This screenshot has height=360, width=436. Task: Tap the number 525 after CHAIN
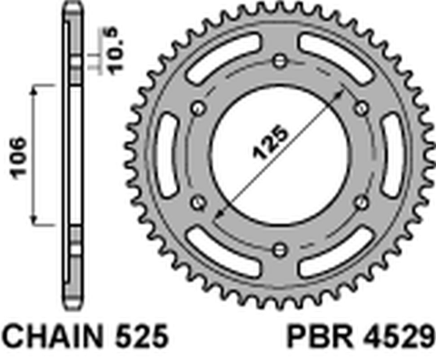tap(142, 339)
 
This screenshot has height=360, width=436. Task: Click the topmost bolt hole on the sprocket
tap(278, 62)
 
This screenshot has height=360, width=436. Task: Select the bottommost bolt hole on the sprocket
tap(278, 248)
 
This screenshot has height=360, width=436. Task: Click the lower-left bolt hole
tap(198, 202)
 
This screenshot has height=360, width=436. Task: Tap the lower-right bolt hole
tap(359, 202)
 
